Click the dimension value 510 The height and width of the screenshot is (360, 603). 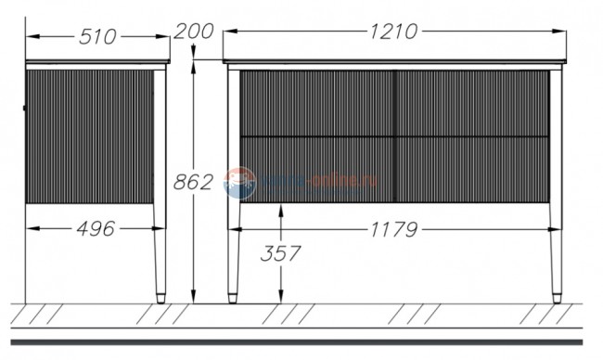[x=97, y=36]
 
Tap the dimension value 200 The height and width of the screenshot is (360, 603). [x=194, y=31]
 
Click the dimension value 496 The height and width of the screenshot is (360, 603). [x=93, y=228]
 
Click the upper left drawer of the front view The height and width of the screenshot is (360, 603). [x=317, y=103]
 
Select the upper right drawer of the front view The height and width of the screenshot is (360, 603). [x=472, y=103]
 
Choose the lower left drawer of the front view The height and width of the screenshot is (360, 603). [x=317, y=169]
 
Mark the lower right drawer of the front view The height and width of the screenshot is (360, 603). [x=472, y=169]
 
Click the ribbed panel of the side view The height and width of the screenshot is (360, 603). [x=89, y=135]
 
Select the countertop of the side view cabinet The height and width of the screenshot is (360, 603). [x=97, y=63]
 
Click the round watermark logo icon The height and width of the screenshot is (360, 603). [x=239, y=182]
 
